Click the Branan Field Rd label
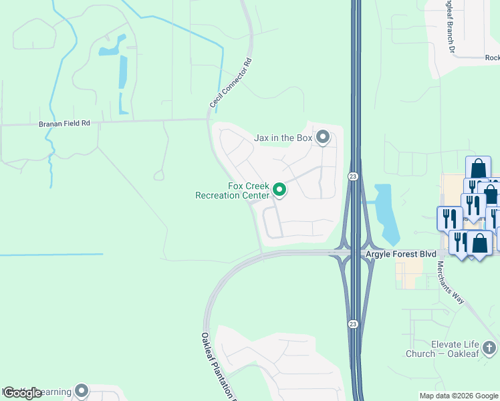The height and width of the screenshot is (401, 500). [x=63, y=123]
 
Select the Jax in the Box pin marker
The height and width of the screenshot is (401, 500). [x=323, y=137]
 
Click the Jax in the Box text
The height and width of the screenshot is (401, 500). [x=283, y=138]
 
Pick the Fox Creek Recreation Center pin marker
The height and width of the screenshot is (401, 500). [x=280, y=191]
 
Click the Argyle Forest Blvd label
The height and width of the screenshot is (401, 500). [x=400, y=255]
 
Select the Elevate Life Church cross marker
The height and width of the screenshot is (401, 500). [x=489, y=348]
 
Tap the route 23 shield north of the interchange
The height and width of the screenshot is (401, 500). [x=352, y=176]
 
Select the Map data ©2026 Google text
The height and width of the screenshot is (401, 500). [x=459, y=396]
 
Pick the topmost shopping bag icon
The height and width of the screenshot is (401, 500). [x=478, y=168]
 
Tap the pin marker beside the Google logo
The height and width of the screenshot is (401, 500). [x=82, y=390]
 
